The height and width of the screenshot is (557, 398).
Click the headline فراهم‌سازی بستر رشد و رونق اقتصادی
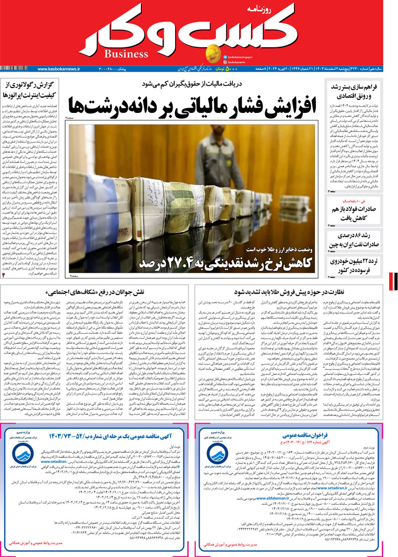pyautogui.click(x=357, y=90)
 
